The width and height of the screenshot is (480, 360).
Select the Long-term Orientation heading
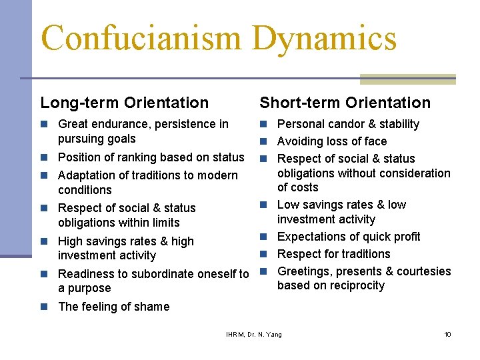tap(125, 103)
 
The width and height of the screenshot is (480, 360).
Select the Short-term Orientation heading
tap(345, 103)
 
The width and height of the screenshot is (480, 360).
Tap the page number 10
tap(447, 334)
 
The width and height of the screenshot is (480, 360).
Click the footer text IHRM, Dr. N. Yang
tap(254, 334)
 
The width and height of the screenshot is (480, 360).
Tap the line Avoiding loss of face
tap(331, 141)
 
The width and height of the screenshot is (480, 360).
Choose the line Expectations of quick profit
tap(349, 237)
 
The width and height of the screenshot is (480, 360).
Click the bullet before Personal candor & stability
tap(264, 124)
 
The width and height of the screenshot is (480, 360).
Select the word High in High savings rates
tap(70, 241)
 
